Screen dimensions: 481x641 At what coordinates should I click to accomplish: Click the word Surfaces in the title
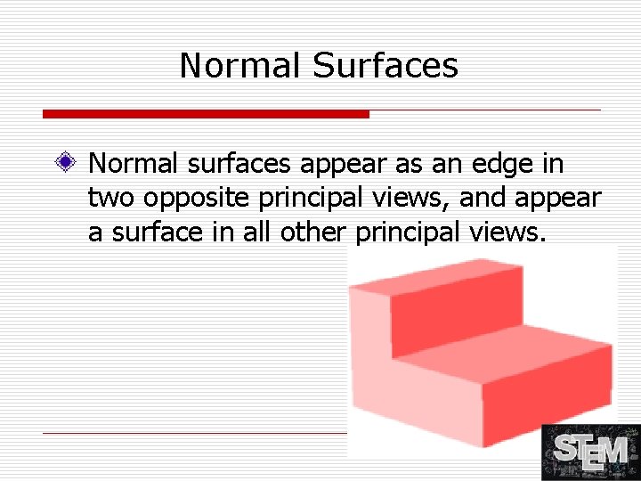pyautogui.click(x=385, y=66)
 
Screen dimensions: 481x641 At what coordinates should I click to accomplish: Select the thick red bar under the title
pyautogui.click(x=206, y=114)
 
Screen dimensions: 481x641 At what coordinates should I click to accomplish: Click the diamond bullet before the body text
pyautogui.click(x=63, y=164)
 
